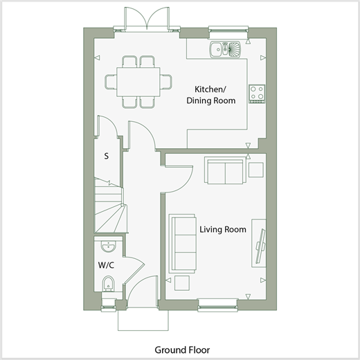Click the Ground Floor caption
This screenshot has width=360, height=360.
[182, 350]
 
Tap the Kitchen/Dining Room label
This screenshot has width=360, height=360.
[211, 95]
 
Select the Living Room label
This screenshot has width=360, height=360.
[223, 229]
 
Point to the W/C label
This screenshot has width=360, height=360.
[106, 265]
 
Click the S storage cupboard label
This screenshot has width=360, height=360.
[106, 156]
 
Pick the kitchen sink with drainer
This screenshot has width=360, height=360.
[225, 49]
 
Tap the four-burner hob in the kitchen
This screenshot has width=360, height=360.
[257, 93]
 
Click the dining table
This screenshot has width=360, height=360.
[138, 82]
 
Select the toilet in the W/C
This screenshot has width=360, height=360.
[108, 283]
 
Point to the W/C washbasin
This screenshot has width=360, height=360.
[108, 246]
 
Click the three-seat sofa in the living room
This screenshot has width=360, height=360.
[183, 244]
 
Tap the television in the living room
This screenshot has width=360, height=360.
[261, 246]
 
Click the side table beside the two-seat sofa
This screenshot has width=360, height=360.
[256, 170]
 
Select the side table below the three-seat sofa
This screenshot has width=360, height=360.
[182, 283]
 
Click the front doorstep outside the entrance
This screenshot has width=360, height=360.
[143, 321]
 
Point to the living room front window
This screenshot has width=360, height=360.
[217, 305]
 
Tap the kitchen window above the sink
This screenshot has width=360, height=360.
[228, 31]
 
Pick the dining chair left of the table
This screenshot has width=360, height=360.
[111, 82]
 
